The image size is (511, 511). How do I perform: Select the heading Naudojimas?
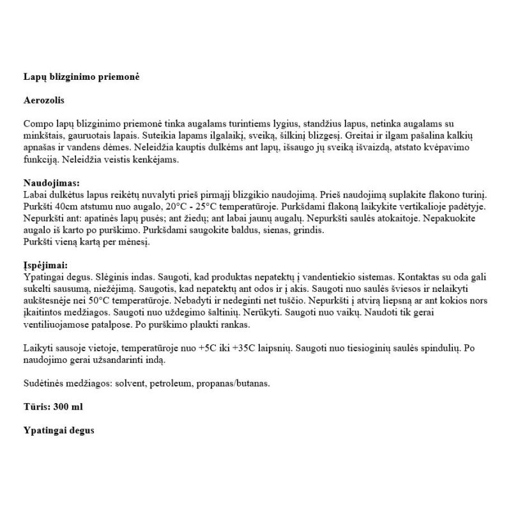50,184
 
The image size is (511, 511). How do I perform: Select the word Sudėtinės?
43,383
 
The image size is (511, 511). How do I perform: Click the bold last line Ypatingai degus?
58,431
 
